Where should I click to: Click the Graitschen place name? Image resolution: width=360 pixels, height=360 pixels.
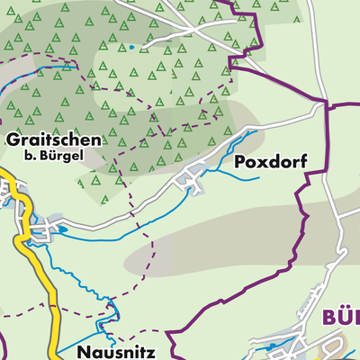53,140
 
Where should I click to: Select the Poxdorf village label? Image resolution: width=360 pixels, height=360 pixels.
270,162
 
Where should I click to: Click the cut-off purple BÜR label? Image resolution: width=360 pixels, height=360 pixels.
339,317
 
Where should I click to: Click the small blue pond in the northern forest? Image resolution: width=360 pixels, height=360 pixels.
131,47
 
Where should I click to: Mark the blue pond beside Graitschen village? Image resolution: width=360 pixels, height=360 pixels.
63,229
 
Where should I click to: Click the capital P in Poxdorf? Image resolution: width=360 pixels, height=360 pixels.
239,162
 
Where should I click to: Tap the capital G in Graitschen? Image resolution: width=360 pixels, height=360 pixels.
13,140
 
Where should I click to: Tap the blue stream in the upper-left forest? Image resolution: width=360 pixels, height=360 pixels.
36,72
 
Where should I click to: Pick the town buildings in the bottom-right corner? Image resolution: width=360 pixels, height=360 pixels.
306,346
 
